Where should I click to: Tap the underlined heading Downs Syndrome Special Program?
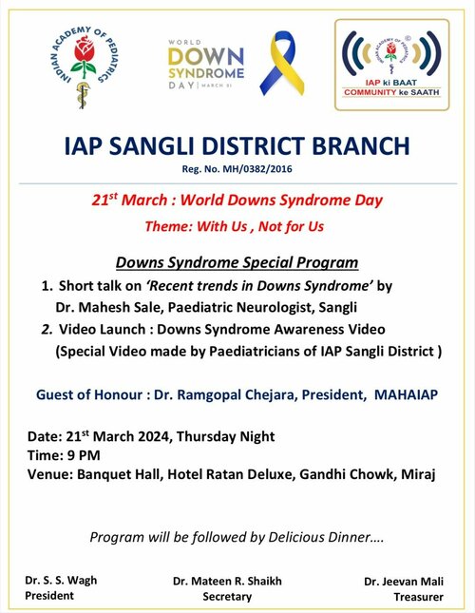pyautogui.click(x=237, y=262)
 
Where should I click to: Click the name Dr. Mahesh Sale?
pyautogui.click(x=96, y=307)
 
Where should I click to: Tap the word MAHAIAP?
pyautogui.click(x=403, y=393)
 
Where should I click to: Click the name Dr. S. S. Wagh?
pyautogui.click(x=61, y=580)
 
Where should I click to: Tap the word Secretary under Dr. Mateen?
pyautogui.click(x=228, y=596)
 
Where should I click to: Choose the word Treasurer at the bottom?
pyautogui.click(x=418, y=596)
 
